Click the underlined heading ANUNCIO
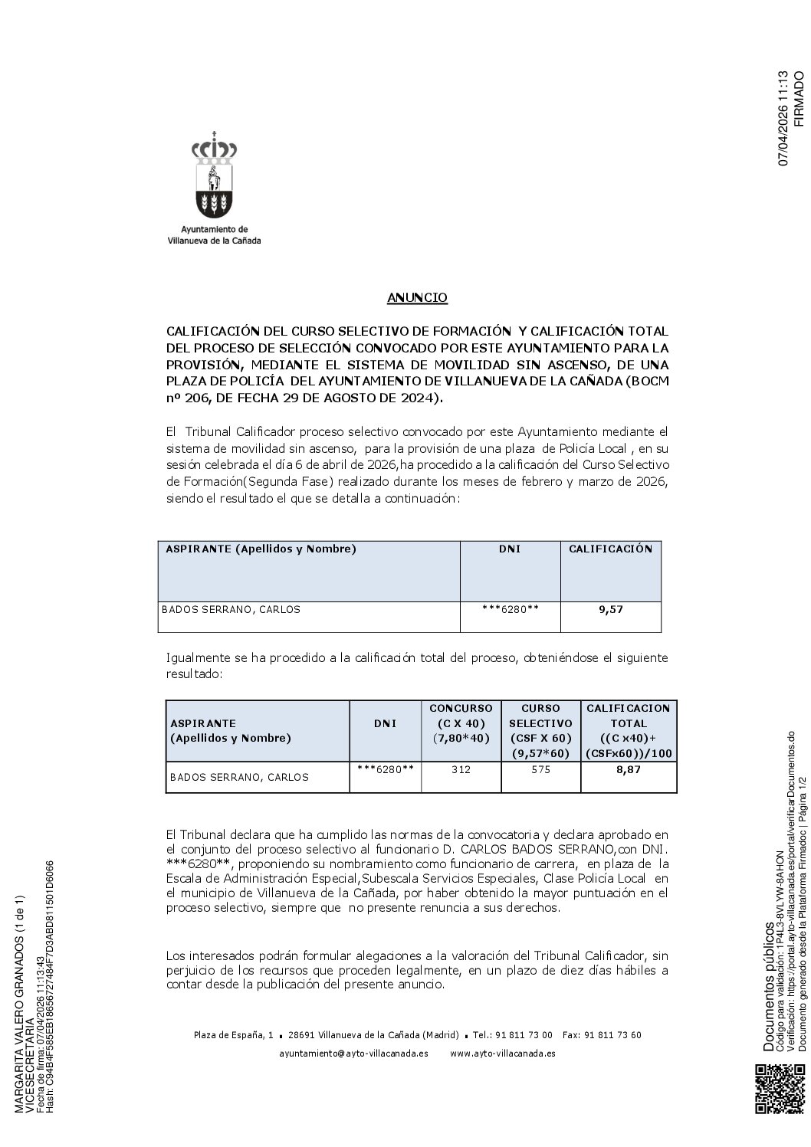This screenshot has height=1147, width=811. (417, 297)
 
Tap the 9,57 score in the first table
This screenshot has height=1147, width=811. (611, 610)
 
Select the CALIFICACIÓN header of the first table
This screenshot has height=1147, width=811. (610, 549)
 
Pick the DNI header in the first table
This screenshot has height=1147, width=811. (510, 549)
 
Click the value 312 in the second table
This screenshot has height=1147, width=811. (461, 769)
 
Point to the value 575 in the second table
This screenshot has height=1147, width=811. (540, 769)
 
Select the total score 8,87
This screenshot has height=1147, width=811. (629, 769)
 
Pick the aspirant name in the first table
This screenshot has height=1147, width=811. (231, 610)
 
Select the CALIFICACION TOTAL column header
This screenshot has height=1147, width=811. (629, 730)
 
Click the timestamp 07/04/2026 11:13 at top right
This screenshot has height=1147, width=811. (783, 119)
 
